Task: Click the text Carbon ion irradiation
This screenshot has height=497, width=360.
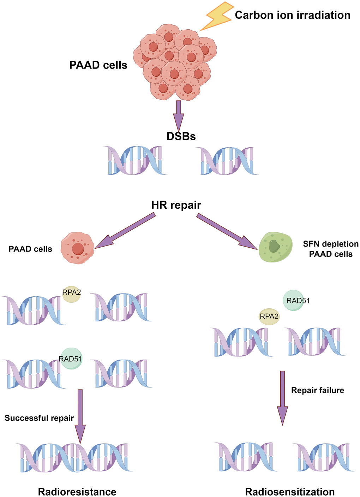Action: coord(293,15)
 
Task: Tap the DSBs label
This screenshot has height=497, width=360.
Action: coord(181,136)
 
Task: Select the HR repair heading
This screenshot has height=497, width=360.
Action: coord(176,205)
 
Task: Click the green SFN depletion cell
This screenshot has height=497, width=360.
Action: coord(275,247)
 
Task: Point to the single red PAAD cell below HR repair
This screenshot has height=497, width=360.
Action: coord(77,248)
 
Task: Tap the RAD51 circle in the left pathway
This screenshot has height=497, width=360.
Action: coord(71,359)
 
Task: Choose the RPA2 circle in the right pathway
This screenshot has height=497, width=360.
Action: coord(269,316)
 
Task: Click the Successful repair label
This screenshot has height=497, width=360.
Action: coord(39,418)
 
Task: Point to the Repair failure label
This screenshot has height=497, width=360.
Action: coord(318,390)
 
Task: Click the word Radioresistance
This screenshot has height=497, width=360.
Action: coord(77,492)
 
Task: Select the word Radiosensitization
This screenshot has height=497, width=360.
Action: coord(290,492)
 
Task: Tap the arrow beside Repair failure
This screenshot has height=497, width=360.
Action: coord(282,397)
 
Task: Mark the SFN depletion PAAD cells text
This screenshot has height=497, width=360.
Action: coord(331,249)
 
